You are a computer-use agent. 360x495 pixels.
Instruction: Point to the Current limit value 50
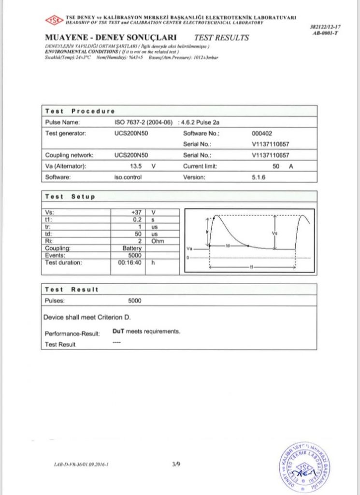tap(276, 166)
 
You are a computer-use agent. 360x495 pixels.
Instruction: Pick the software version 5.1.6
tap(259, 177)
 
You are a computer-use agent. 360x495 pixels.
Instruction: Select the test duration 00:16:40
tap(130, 263)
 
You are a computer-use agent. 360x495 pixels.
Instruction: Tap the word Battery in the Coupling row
tap(131, 248)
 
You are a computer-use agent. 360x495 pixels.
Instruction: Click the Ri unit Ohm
tap(158, 241)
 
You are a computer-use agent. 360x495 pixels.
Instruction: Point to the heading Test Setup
tap(70, 197)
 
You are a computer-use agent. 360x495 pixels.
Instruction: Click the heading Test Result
tap(72, 289)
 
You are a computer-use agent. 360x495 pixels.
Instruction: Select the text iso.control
tap(127, 177)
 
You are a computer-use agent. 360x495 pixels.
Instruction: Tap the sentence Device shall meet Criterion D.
tap(87, 318)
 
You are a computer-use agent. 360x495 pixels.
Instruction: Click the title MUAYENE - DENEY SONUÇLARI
tap(111, 37)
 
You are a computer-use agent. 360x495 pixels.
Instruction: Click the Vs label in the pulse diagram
tap(275, 233)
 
